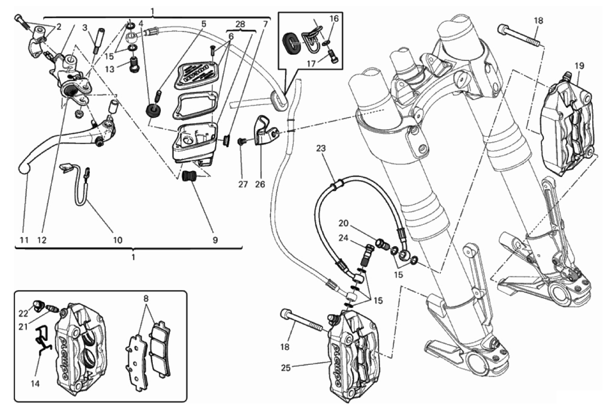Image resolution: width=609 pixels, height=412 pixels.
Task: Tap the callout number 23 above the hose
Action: tap(321, 148)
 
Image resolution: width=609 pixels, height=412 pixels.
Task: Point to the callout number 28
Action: tap(240, 24)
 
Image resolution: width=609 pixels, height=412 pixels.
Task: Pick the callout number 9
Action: tap(215, 240)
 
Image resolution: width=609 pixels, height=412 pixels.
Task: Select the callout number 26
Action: tap(260, 184)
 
